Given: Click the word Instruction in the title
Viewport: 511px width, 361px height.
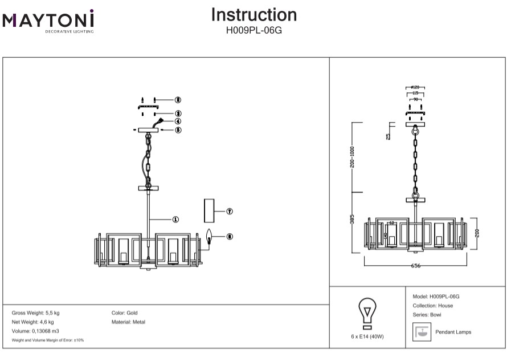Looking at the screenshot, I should (254, 15).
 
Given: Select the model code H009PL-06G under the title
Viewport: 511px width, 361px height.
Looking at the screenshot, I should (254, 30).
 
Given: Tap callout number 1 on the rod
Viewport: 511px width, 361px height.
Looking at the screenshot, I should (175, 219).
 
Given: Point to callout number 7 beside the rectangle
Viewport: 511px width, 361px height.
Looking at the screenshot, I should (229, 211).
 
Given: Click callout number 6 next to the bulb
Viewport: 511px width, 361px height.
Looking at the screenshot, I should (229, 236).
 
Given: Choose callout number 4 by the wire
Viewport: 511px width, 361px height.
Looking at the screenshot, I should (178, 121).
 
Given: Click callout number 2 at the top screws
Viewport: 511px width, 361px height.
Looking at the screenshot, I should (178, 100).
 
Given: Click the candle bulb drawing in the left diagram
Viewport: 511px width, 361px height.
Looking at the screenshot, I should (209, 236).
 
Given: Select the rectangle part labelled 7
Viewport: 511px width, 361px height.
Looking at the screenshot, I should (210, 210).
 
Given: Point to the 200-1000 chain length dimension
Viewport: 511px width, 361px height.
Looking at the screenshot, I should (353, 157).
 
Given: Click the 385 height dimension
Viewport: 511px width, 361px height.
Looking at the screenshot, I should (353, 220).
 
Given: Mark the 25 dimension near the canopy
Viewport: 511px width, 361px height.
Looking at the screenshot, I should (389, 136).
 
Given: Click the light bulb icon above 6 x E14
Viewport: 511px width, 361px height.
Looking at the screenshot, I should (367, 314).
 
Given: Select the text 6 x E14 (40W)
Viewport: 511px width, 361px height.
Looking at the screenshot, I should (367, 336).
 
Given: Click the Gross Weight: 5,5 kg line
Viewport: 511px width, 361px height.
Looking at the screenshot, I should (35, 313).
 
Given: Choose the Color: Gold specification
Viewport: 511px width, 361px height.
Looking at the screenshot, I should (125, 313).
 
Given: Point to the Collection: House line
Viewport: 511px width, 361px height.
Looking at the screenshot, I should (432, 306).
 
